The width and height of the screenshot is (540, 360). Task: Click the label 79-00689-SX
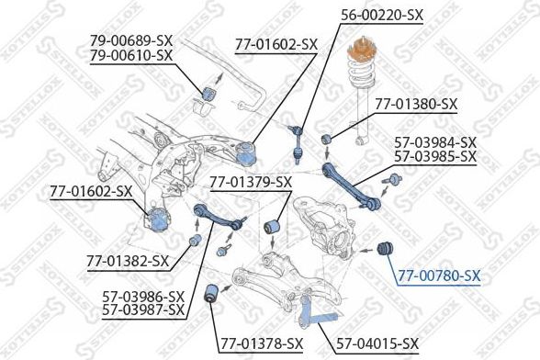click(x=130, y=40)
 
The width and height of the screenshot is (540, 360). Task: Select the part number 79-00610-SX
click(x=130, y=55)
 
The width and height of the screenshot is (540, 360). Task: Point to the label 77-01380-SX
click(x=416, y=104)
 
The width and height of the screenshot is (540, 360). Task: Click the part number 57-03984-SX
click(x=435, y=142)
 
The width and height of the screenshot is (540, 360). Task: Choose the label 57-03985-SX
click(x=435, y=157)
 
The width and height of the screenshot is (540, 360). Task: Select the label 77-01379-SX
click(x=250, y=181)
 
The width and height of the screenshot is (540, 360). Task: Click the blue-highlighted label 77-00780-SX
click(x=439, y=275)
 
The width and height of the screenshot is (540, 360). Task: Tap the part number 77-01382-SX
click(x=129, y=262)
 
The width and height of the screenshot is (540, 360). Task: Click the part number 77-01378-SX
click(x=261, y=343)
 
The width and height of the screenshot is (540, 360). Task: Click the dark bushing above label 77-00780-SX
click(x=387, y=246)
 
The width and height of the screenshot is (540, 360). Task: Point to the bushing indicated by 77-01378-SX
click(x=211, y=295)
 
